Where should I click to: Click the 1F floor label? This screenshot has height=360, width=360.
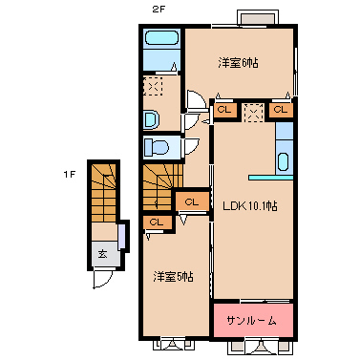click(69, 175)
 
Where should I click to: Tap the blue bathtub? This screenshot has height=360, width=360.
click(161, 43)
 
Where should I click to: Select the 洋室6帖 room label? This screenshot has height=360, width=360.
click(238, 63)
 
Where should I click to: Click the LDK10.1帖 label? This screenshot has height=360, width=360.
click(250, 205)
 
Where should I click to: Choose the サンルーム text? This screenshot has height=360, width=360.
click(252, 321)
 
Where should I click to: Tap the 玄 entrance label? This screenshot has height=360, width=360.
click(102, 254)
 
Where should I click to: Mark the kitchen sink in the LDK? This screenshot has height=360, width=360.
click(284, 159)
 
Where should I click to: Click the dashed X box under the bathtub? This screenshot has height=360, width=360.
click(153, 87)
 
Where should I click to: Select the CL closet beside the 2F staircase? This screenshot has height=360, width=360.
click(192, 201)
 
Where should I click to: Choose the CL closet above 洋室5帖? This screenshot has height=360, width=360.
click(156, 222)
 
